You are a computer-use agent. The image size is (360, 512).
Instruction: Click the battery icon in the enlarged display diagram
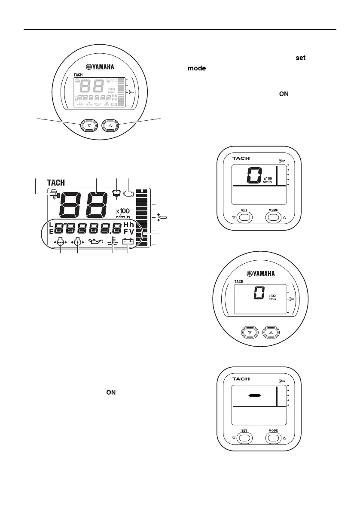pos(128,242)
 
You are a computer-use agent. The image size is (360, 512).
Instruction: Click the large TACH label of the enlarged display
pos(55,183)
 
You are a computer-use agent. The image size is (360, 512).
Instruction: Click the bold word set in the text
pos(300,58)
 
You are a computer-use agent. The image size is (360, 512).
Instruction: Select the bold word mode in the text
pos(196,68)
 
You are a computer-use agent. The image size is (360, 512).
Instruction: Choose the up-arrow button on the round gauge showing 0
pos(271,332)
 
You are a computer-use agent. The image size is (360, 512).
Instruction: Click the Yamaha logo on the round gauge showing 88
pos(100,67)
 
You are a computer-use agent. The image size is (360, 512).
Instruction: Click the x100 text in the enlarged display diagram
pos(123,211)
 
